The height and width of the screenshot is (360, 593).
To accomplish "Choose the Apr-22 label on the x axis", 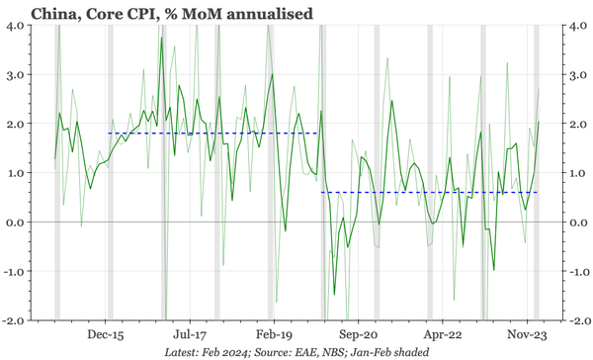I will (443, 335).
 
